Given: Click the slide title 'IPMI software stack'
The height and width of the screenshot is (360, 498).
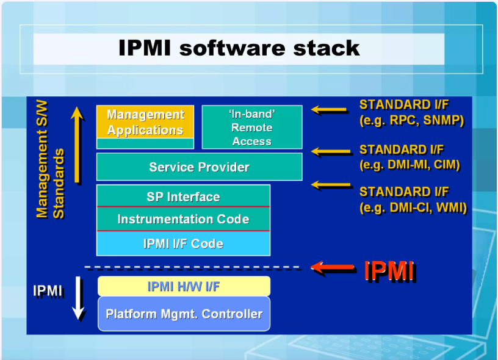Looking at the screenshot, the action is [239, 48].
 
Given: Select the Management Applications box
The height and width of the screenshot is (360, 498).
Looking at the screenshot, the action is [145, 127].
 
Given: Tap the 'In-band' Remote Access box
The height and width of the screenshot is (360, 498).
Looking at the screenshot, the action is [252, 127].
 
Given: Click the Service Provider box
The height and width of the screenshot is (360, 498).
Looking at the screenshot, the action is [199, 167].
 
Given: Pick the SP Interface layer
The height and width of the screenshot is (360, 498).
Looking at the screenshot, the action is [183, 196].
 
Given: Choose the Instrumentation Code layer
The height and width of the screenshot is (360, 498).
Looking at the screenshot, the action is [183, 219].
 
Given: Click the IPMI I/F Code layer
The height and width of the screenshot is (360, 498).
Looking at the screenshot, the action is [183, 243].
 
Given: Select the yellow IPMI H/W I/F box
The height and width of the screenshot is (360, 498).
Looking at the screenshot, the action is [184, 286].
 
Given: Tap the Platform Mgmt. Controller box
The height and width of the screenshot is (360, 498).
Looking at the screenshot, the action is [184, 314].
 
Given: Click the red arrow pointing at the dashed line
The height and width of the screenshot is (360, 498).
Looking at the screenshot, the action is [332, 267].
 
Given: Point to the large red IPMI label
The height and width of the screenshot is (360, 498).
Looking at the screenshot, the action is [390, 271].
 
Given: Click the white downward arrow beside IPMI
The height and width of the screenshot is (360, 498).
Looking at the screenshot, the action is [78, 298].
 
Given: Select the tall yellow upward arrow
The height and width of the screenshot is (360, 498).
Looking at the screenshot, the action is [77, 145].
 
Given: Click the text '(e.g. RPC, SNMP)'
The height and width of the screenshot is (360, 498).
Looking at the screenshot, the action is [412, 120].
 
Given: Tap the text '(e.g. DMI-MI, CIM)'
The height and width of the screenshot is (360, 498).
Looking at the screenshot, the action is [410, 165].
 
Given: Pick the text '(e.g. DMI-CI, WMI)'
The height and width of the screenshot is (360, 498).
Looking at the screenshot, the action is [413, 207].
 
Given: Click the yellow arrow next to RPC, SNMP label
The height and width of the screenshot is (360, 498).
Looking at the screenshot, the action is [329, 110].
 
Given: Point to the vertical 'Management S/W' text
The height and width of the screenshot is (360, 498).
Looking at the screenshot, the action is [42, 159].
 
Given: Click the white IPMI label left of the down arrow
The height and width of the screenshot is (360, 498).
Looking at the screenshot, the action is [48, 290].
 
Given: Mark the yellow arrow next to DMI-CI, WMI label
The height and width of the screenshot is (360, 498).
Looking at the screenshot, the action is [331, 184].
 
